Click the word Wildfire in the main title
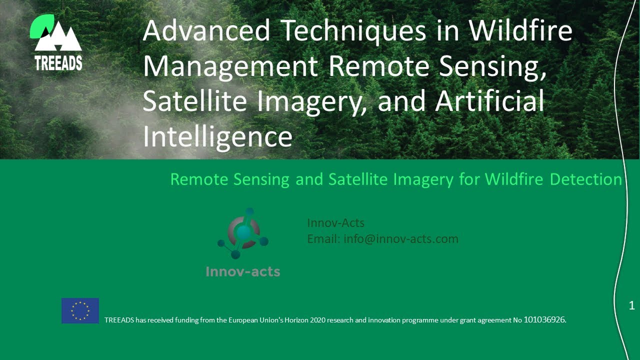point(520,31)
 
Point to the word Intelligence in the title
point(217,136)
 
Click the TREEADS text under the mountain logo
point(58,62)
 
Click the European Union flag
point(80,310)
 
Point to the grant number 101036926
point(544,319)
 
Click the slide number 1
point(631,305)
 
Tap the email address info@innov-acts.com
point(400,239)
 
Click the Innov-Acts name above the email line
point(335,223)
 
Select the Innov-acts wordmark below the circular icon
point(243,272)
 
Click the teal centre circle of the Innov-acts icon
point(243,232)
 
